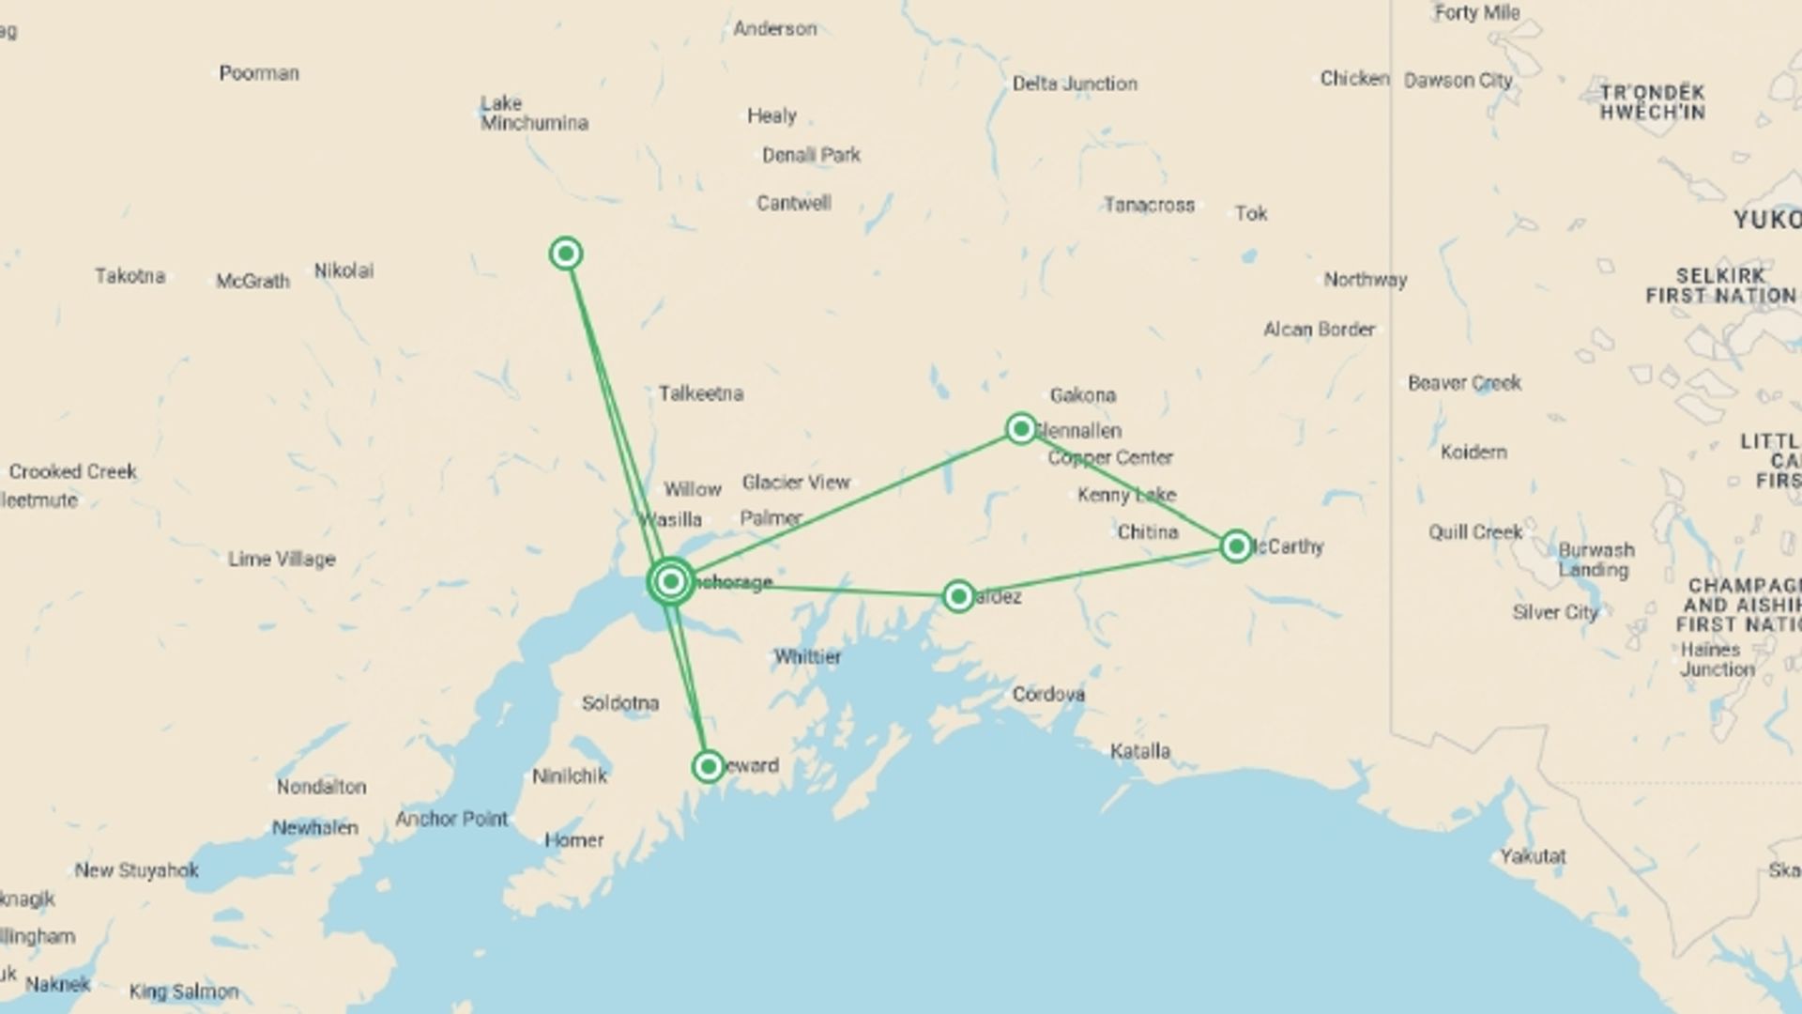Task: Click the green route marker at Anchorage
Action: click(x=670, y=582)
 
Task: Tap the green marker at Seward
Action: click(x=709, y=766)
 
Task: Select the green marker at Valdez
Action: click(x=958, y=596)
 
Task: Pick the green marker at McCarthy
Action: click(x=1236, y=545)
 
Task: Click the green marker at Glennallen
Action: click(x=1021, y=429)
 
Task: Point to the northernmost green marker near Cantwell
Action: click(x=566, y=253)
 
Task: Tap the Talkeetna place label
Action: click(x=700, y=393)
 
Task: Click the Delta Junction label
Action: click(x=1075, y=84)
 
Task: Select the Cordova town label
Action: click(x=1048, y=695)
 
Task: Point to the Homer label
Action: click(x=573, y=840)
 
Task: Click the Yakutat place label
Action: click(x=1533, y=856)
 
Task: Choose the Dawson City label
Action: click(x=1458, y=81)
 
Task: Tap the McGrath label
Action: click(x=252, y=281)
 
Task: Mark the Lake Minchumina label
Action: click(x=533, y=113)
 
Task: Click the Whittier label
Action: click(x=807, y=656)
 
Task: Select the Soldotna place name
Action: click(x=619, y=703)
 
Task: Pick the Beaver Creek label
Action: click(x=1464, y=383)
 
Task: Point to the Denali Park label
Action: click(x=811, y=155)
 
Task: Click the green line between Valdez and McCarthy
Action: click(x=1098, y=571)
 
